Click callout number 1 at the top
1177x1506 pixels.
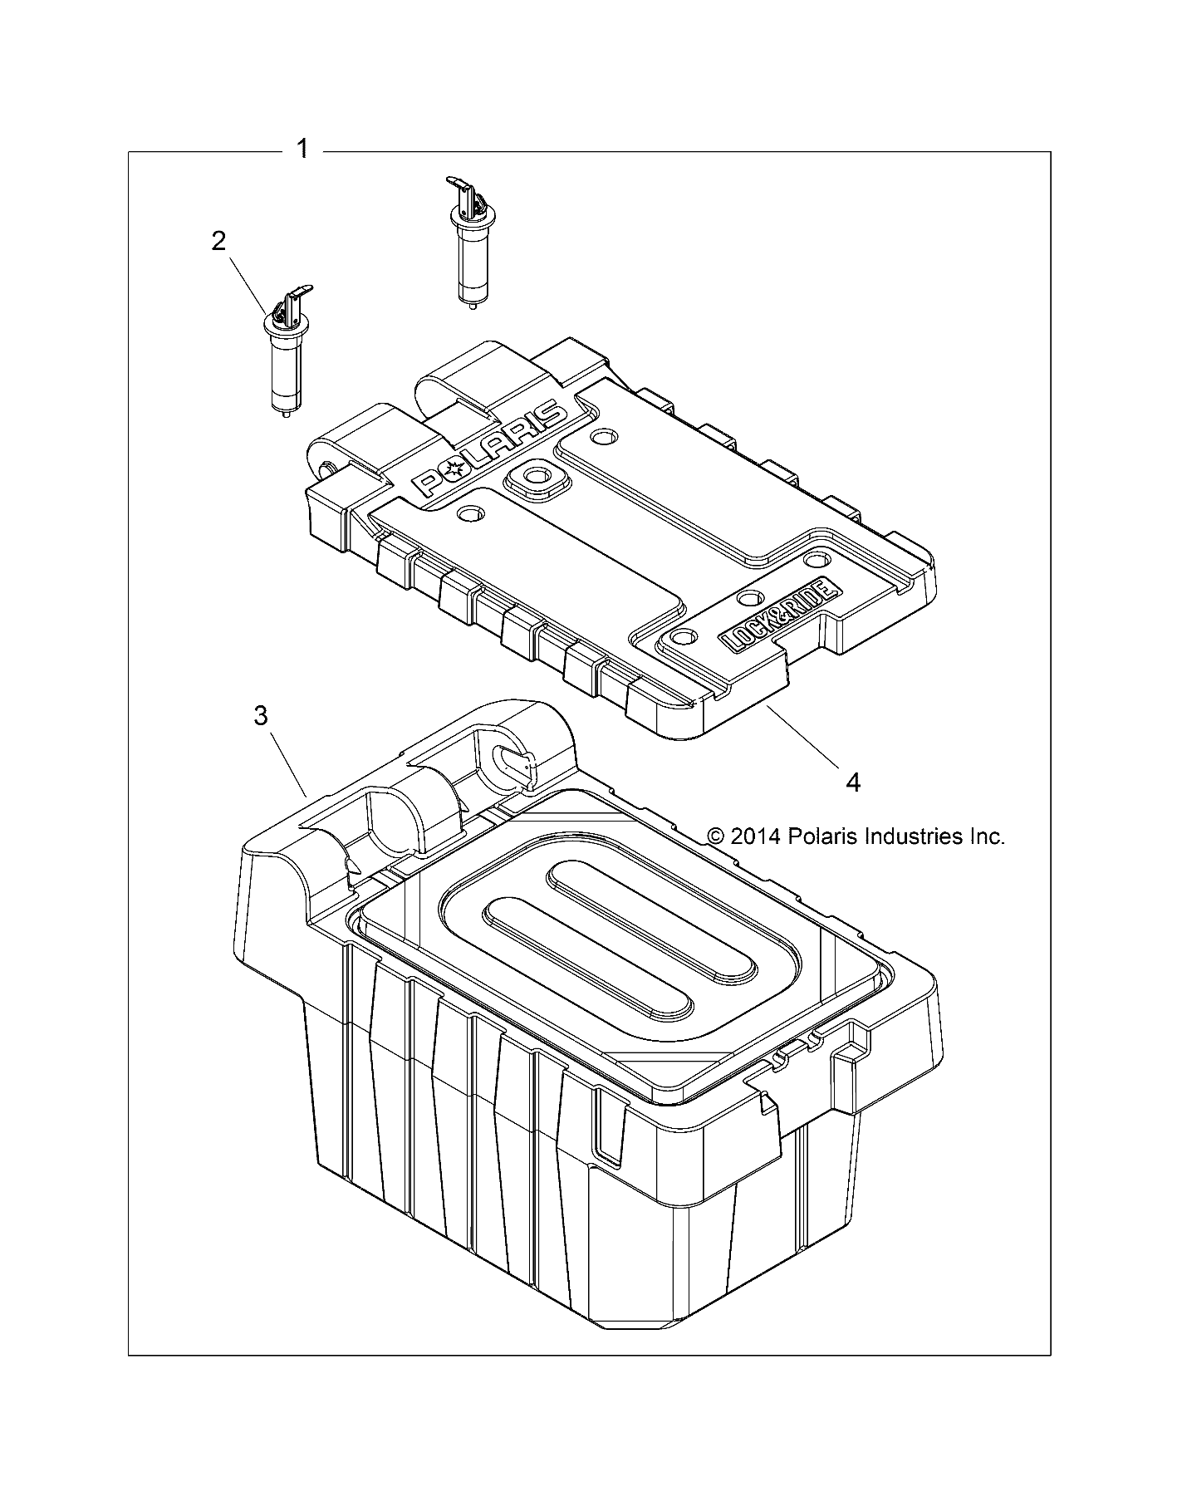tap(302, 150)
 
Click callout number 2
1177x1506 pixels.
tap(218, 242)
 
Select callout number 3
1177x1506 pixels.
tap(261, 715)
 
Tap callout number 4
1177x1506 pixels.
tap(852, 782)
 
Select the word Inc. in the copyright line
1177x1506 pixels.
tap(985, 836)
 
